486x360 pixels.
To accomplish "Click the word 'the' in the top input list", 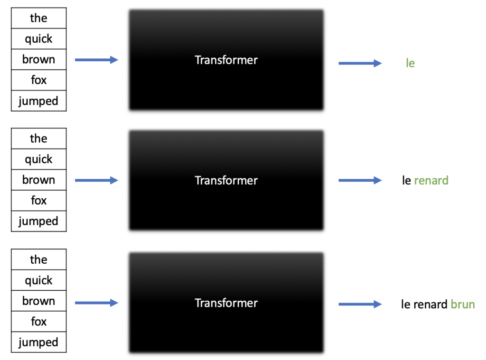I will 38,18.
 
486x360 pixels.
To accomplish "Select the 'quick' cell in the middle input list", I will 38,159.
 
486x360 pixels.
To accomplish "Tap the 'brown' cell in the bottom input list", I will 38,301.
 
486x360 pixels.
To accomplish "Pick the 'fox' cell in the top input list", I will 38,80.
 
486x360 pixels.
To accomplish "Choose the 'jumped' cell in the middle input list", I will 38,221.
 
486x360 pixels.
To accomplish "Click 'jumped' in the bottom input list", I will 38,342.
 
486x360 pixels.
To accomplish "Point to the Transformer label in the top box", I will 226,60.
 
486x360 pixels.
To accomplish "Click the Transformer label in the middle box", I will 226,180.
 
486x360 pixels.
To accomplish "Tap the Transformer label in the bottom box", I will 226,303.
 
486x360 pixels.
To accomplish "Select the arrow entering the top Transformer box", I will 96,60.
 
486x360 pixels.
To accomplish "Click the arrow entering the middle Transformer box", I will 96,180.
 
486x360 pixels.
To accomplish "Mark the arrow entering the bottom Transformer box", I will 96,303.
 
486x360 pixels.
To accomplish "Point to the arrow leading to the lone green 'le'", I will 360,63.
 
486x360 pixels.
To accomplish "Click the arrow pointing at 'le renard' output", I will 360,180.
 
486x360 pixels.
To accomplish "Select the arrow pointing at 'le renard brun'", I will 360,304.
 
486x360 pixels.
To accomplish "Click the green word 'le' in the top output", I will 410,63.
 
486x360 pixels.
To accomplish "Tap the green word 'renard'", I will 431,180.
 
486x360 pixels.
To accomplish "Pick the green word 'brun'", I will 463,304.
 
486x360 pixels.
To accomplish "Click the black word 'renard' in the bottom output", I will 430,305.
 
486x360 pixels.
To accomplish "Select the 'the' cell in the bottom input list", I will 38,259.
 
